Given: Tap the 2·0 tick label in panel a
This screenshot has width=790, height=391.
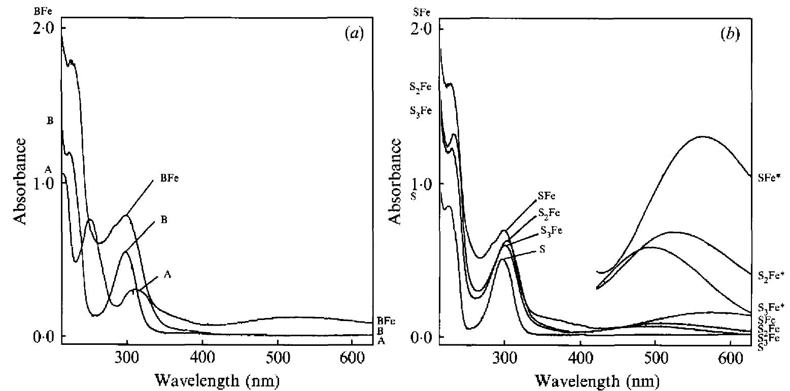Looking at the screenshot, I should (40, 28).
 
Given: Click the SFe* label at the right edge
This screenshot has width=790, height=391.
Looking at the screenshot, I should (770, 178).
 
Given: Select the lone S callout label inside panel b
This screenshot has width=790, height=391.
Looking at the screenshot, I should (542, 251).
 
